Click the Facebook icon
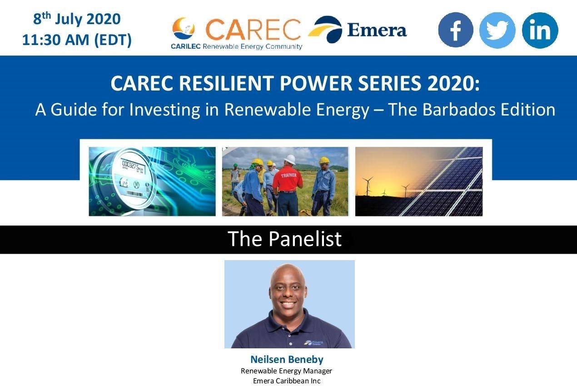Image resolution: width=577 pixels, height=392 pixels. tap(455, 30)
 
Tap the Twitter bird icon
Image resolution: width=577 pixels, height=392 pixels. tap(497, 30)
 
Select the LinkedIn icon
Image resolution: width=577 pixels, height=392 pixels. tap(540, 30)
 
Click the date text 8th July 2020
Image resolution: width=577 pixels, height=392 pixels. tap(77, 20)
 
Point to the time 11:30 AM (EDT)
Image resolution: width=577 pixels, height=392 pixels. tap(77, 40)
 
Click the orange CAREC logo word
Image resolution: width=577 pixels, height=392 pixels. tap(253, 29)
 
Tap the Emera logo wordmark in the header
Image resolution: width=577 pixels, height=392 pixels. tap(377, 30)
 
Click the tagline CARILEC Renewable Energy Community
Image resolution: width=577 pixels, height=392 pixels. tap(236, 46)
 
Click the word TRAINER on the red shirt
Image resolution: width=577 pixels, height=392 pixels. tap(288, 175)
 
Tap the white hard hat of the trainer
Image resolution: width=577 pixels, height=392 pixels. tap(289, 159)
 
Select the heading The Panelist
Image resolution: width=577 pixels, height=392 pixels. tap(284, 239)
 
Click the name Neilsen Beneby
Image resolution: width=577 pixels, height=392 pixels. tap(287, 359)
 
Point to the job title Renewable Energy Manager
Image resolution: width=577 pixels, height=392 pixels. tap(287, 371)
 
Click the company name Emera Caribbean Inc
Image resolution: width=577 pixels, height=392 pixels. tap(287, 381)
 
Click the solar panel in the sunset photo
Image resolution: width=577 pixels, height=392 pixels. tap(450, 182)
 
